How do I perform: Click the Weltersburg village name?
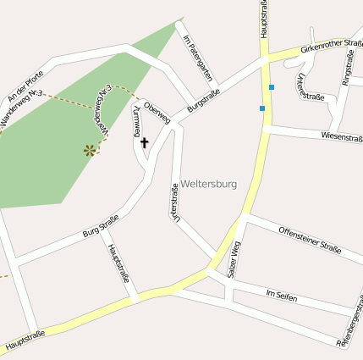pyautogui.click(x=209, y=184)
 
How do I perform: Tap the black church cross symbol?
pyautogui.click(x=144, y=143)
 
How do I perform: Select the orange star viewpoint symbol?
pyautogui.click(x=89, y=151)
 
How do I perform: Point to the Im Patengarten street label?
pyautogui.click(x=196, y=57)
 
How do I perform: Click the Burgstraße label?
pyautogui.click(x=208, y=99)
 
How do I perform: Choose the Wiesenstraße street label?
pyautogui.click(x=342, y=136)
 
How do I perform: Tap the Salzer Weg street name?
pyautogui.click(x=235, y=260)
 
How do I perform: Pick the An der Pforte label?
pyautogui.click(x=25, y=85)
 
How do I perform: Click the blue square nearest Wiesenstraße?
pyautogui.click(x=262, y=108)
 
